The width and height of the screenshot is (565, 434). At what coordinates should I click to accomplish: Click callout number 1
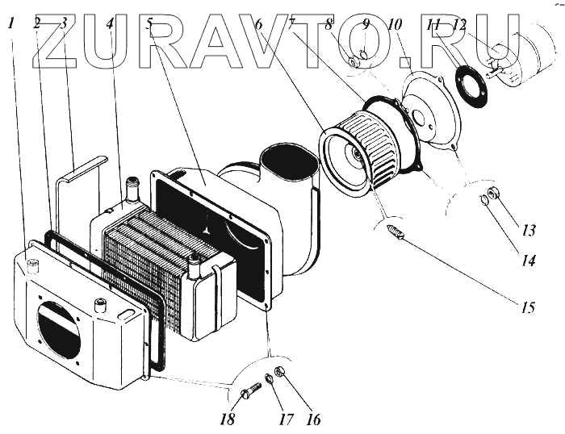pyautogui.click(x=11, y=23)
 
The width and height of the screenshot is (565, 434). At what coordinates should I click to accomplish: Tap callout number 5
pyautogui.click(x=151, y=23)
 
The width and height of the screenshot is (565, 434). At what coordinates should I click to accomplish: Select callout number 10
pyautogui.click(x=395, y=25)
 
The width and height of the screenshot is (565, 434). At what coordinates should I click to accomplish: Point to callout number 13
pyautogui.click(x=528, y=231)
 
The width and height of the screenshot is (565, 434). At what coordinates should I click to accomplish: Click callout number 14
pyautogui.click(x=528, y=261)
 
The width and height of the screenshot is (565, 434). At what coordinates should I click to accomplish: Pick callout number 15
pyautogui.click(x=528, y=307)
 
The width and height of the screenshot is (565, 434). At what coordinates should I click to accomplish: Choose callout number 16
pyautogui.click(x=313, y=419)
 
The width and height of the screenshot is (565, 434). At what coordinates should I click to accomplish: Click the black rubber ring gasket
pyautogui.click(x=471, y=85)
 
